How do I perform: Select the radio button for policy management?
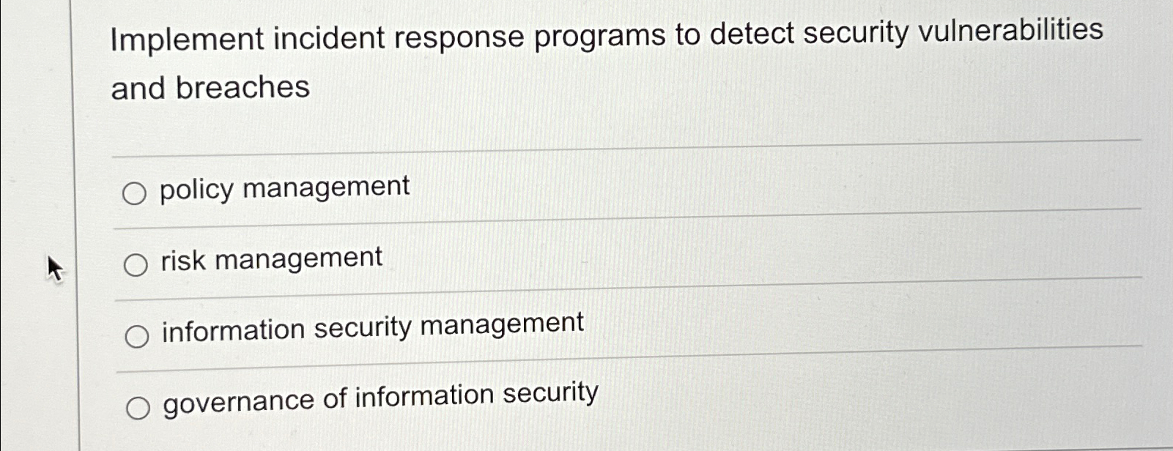(x=134, y=194)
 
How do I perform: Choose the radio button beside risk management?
(x=135, y=265)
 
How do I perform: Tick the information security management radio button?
(x=136, y=337)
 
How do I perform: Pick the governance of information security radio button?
(x=138, y=409)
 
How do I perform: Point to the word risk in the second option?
(x=183, y=261)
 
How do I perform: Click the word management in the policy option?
(x=326, y=187)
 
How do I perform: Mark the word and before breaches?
(x=138, y=89)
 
